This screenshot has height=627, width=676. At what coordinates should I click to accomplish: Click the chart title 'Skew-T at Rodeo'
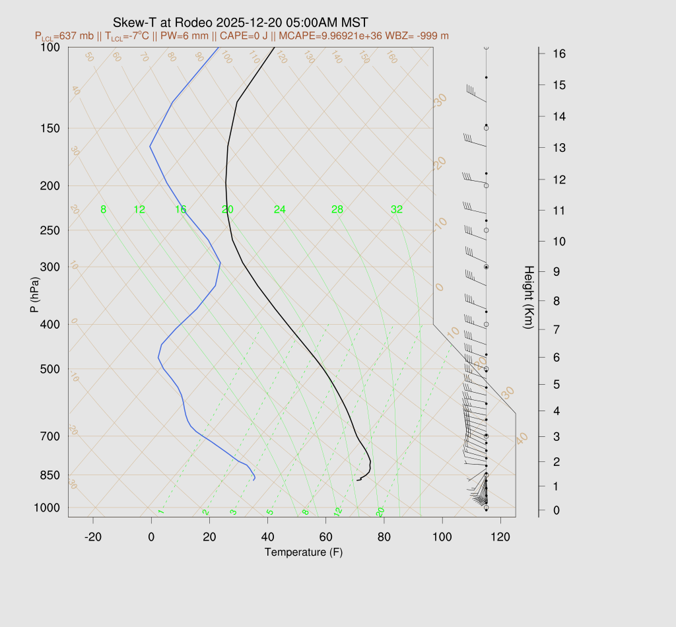[x=162, y=22]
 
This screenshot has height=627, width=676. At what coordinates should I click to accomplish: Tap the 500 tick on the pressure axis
[x=50, y=369]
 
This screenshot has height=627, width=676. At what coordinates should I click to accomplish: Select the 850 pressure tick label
[x=50, y=475]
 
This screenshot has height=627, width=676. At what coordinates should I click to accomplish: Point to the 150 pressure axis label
[x=50, y=128]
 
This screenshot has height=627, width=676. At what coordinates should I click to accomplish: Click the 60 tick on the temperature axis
[x=325, y=538]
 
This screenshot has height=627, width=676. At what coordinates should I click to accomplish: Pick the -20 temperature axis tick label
[x=93, y=538]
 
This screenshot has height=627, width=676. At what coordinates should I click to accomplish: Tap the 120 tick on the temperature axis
[x=500, y=538]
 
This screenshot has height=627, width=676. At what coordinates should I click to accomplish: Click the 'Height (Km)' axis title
[x=528, y=298]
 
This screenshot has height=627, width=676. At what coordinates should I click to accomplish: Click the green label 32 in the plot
[x=397, y=210]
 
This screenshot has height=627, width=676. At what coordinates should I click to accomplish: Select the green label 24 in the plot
[x=280, y=210]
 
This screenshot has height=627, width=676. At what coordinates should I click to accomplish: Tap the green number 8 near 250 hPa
[x=103, y=210]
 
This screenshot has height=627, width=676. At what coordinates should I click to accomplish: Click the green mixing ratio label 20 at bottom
[x=380, y=511]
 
